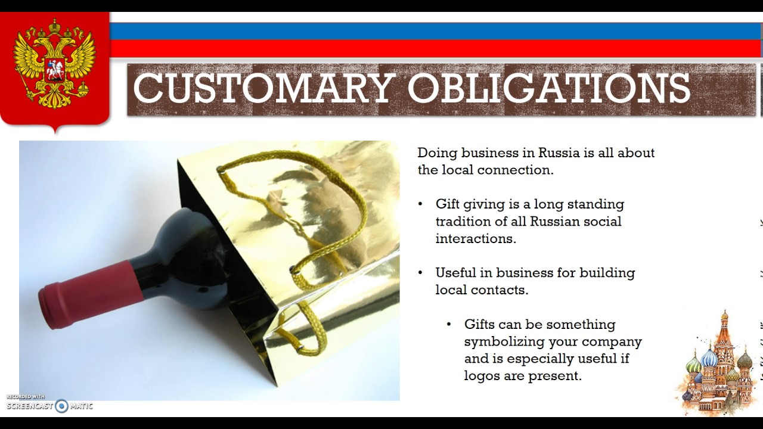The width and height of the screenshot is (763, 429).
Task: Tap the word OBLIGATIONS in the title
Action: pyautogui.click(x=548, y=88)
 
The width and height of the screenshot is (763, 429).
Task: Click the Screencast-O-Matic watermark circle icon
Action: pyautogui.click(x=61, y=406)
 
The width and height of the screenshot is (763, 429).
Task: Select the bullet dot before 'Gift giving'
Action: pyautogui.click(x=421, y=204)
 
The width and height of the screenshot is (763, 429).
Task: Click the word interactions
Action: pyautogui.click(x=475, y=239)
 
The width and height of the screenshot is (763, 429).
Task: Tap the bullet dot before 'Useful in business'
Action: pyautogui.click(x=421, y=273)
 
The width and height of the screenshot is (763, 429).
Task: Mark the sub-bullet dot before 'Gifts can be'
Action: pyautogui.click(x=449, y=325)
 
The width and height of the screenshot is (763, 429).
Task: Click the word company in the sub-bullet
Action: pyautogui.click(x=612, y=342)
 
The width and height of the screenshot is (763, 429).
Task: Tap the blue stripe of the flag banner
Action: pyautogui.click(x=435, y=31)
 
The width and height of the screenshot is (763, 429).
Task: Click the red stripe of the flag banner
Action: pyautogui.click(x=435, y=48)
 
